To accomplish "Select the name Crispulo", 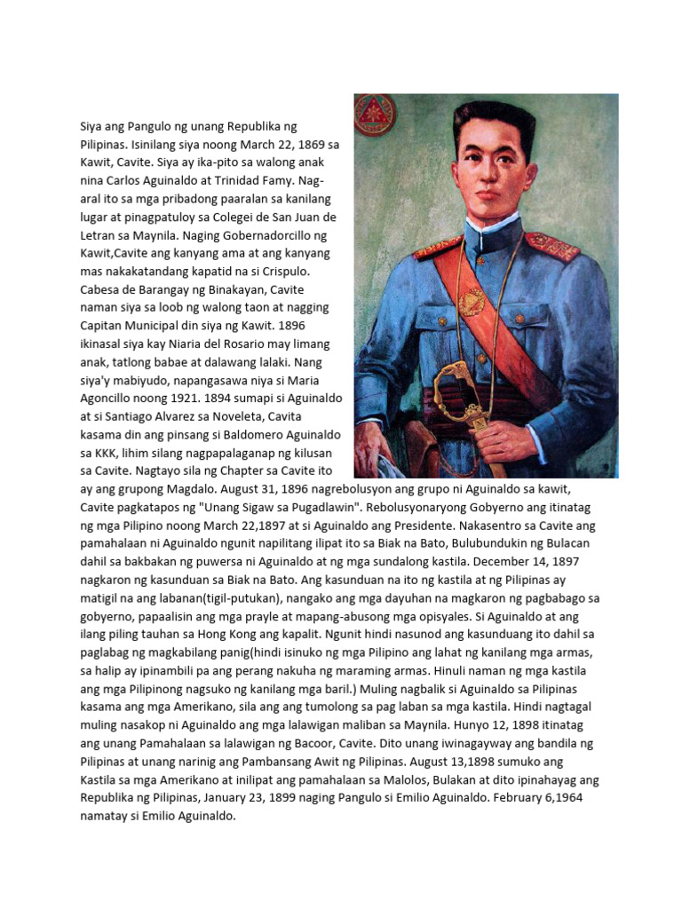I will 306,272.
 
